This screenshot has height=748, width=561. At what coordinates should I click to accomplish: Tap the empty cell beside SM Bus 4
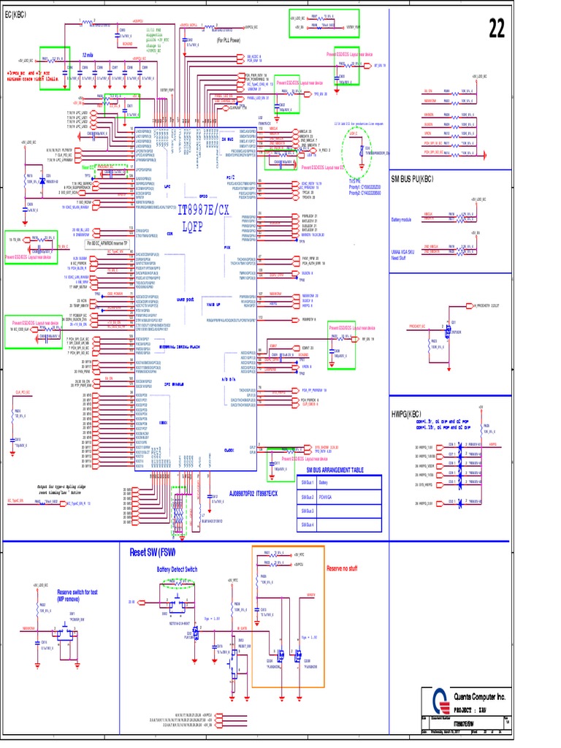349,524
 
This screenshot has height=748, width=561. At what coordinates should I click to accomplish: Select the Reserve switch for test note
77,594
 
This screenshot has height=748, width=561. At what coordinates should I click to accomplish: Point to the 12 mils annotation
88,55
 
